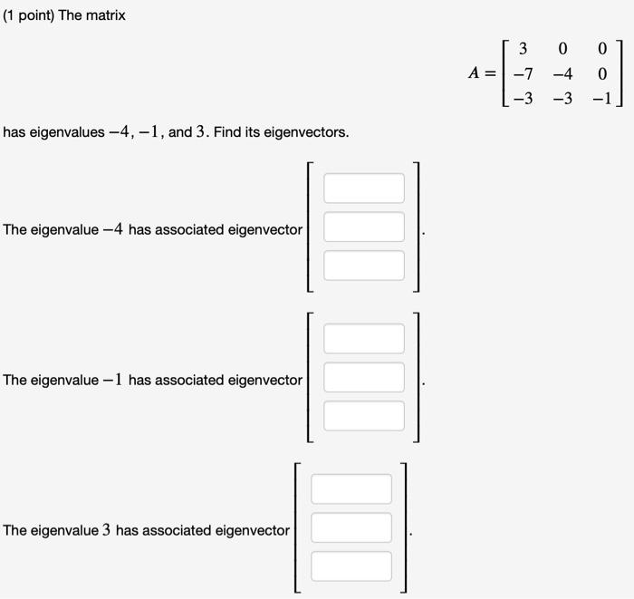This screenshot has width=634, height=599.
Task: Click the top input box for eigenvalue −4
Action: (x=364, y=188)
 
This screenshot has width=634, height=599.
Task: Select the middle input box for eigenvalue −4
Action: (x=364, y=227)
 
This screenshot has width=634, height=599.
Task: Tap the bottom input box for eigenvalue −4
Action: (x=364, y=266)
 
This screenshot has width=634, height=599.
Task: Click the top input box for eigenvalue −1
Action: (x=364, y=339)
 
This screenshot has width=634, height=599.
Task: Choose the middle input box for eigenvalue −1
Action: (x=364, y=377)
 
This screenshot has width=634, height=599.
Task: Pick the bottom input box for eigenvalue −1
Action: (x=364, y=416)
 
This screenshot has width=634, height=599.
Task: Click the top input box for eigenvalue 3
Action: (x=351, y=489)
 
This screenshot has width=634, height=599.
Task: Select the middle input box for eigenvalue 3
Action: (x=351, y=527)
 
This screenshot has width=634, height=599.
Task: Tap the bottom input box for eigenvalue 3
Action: (x=351, y=566)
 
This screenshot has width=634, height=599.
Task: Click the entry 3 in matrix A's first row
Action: (x=523, y=47)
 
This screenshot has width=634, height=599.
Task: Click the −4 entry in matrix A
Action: (x=562, y=72)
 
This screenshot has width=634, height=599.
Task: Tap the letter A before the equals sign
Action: (x=475, y=72)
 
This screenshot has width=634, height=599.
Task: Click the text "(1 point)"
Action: (x=29, y=15)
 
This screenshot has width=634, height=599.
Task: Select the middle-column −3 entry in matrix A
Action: (x=562, y=98)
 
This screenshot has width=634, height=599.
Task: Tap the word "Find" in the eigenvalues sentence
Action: (x=228, y=132)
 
